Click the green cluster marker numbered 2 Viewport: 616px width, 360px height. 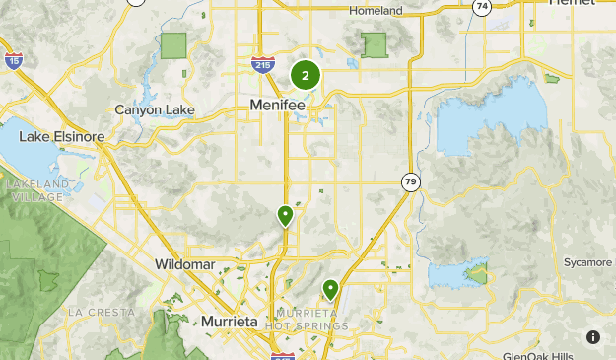coord(305,74)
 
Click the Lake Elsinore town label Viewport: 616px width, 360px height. coord(61,137)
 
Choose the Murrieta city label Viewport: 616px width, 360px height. coord(229,322)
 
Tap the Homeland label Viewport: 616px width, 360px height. coord(376,10)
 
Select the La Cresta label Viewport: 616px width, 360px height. coord(101,311)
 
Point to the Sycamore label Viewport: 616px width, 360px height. coord(587,262)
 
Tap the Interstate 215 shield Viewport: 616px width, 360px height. coord(262,65)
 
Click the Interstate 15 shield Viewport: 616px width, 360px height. coord(13,61)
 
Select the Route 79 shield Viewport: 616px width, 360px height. coord(410,181)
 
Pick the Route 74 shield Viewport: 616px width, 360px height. coord(482,7)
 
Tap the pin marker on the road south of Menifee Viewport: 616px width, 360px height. coord(285,215)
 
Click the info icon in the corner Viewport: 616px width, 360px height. coord(593,337)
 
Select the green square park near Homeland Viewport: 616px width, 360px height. coord(374,45)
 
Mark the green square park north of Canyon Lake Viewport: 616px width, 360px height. coord(173,45)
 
